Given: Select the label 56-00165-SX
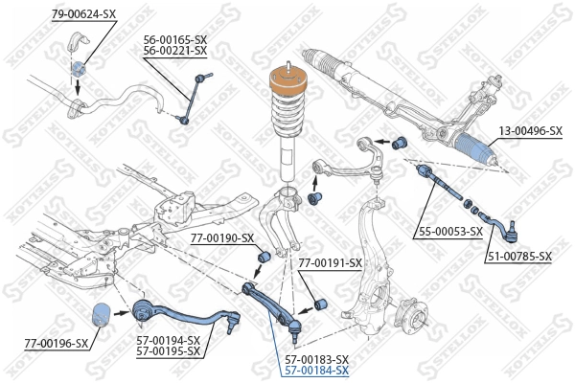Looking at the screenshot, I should [x=175, y=39].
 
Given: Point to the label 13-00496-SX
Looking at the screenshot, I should [x=528, y=131].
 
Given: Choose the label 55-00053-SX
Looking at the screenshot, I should [x=449, y=231].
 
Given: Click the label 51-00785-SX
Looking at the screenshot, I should [x=518, y=256].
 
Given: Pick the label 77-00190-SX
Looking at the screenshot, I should [x=221, y=237].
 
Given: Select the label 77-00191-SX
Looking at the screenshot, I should [x=330, y=262].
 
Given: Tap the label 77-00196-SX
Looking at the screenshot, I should [x=56, y=343].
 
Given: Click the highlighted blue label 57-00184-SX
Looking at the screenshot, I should [x=316, y=371].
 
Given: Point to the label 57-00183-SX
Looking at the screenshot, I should [x=316, y=359].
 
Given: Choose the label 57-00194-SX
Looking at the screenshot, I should [x=168, y=340].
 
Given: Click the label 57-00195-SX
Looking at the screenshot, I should [x=168, y=351].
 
